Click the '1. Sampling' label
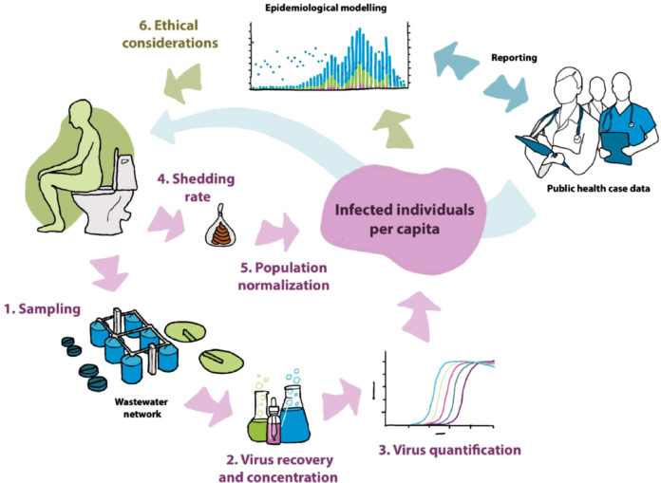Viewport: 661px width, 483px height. pyautogui.click(x=42, y=309)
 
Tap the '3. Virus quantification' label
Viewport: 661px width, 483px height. pyautogui.click(x=450, y=450)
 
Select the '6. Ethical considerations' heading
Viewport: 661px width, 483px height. pyautogui.click(x=170, y=34)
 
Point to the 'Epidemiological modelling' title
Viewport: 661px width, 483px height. pyautogui.click(x=326, y=8)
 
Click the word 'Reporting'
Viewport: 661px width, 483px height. pyautogui.click(x=514, y=58)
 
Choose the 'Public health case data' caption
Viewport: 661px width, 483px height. pyautogui.click(x=598, y=188)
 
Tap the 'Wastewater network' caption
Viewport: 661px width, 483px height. pyautogui.click(x=142, y=408)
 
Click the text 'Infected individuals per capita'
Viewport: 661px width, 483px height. pyautogui.click(x=405, y=219)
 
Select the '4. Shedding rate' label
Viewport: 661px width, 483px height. pyautogui.click(x=197, y=187)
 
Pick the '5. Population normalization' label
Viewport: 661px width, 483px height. pyautogui.click(x=284, y=276)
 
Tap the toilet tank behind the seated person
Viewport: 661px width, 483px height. pyautogui.click(x=126, y=172)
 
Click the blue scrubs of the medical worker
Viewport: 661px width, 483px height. pyautogui.click(x=623, y=125)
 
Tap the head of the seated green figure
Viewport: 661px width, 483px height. pyautogui.click(x=79, y=112)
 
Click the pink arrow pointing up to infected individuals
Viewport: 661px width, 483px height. pyautogui.click(x=418, y=316)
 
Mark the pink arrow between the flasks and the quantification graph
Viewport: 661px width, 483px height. pyautogui.click(x=342, y=400)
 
